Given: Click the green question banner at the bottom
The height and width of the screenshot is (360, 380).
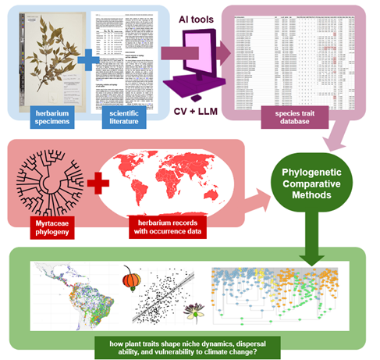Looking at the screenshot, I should click(190, 344).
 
